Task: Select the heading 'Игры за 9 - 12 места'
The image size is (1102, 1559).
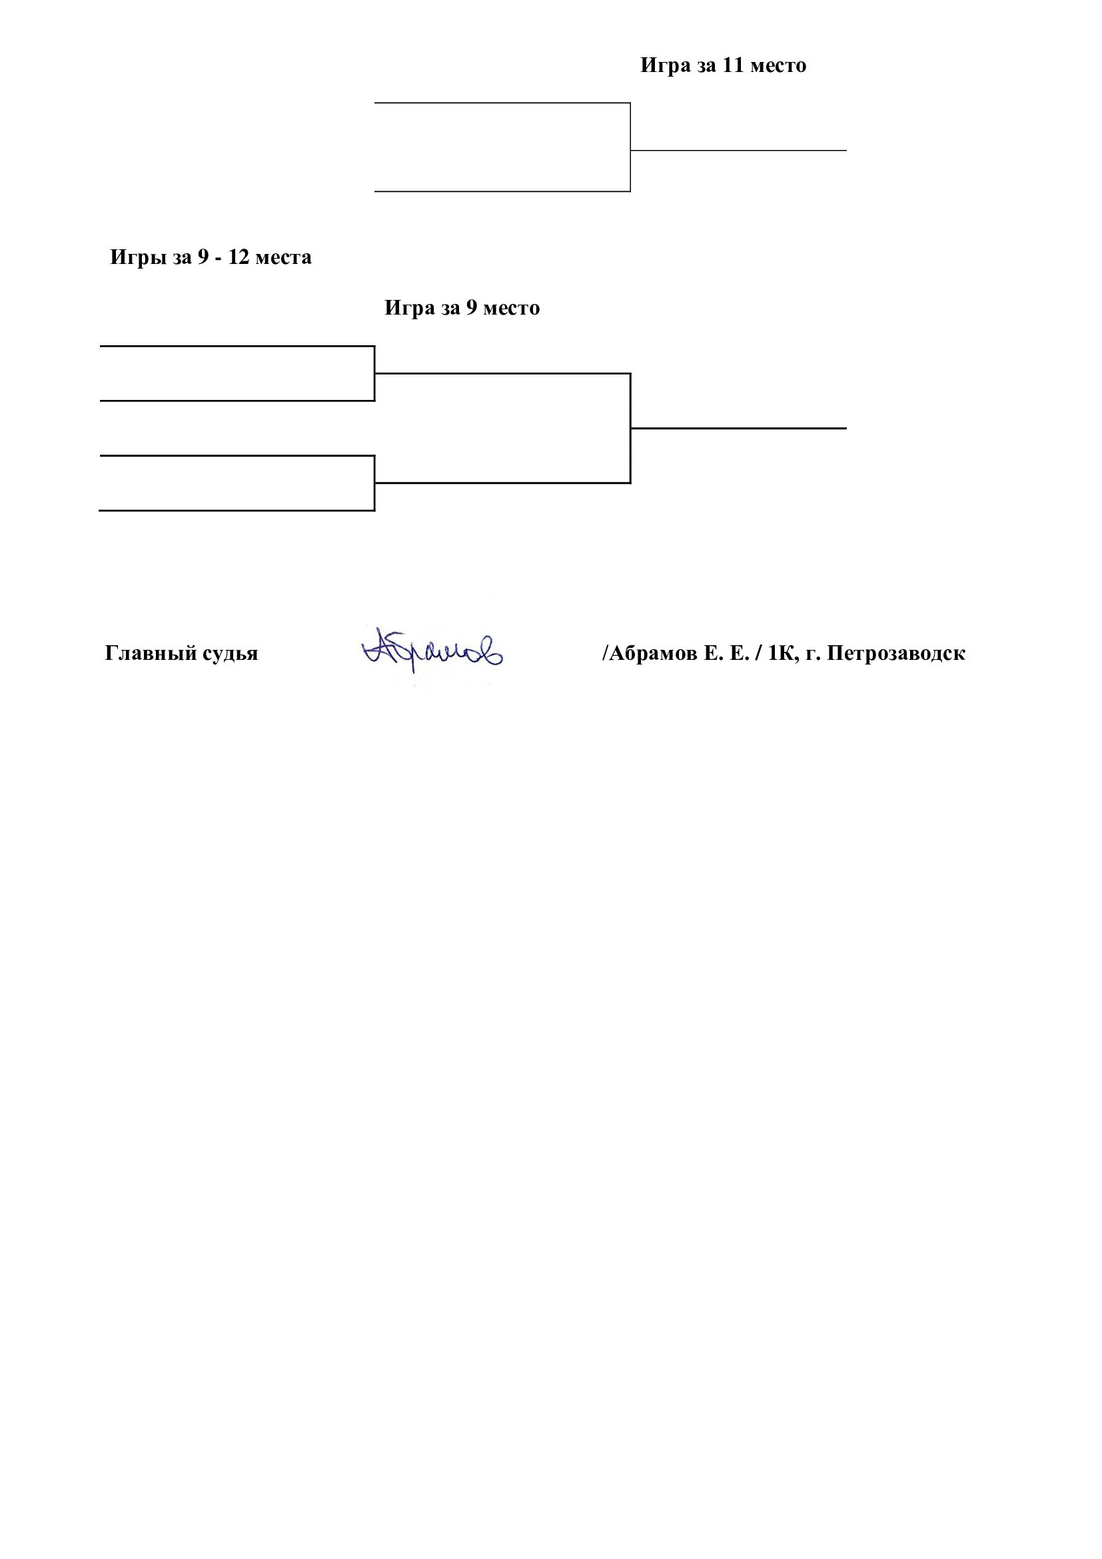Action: point(211,257)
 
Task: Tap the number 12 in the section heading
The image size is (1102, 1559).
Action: point(239,257)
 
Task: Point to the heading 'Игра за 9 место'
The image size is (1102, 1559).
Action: point(462,309)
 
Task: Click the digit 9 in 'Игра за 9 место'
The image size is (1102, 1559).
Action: point(471,309)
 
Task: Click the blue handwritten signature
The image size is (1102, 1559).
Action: point(432,650)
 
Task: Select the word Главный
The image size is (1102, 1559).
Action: point(150,653)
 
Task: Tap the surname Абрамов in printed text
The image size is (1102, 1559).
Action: point(653,653)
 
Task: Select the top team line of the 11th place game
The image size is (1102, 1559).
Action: point(502,103)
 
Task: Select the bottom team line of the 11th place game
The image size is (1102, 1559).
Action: point(502,191)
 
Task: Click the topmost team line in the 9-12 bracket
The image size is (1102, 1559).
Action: point(237,347)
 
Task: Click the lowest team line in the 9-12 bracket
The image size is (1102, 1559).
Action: point(237,511)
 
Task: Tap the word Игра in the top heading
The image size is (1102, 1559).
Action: point(666,66)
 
